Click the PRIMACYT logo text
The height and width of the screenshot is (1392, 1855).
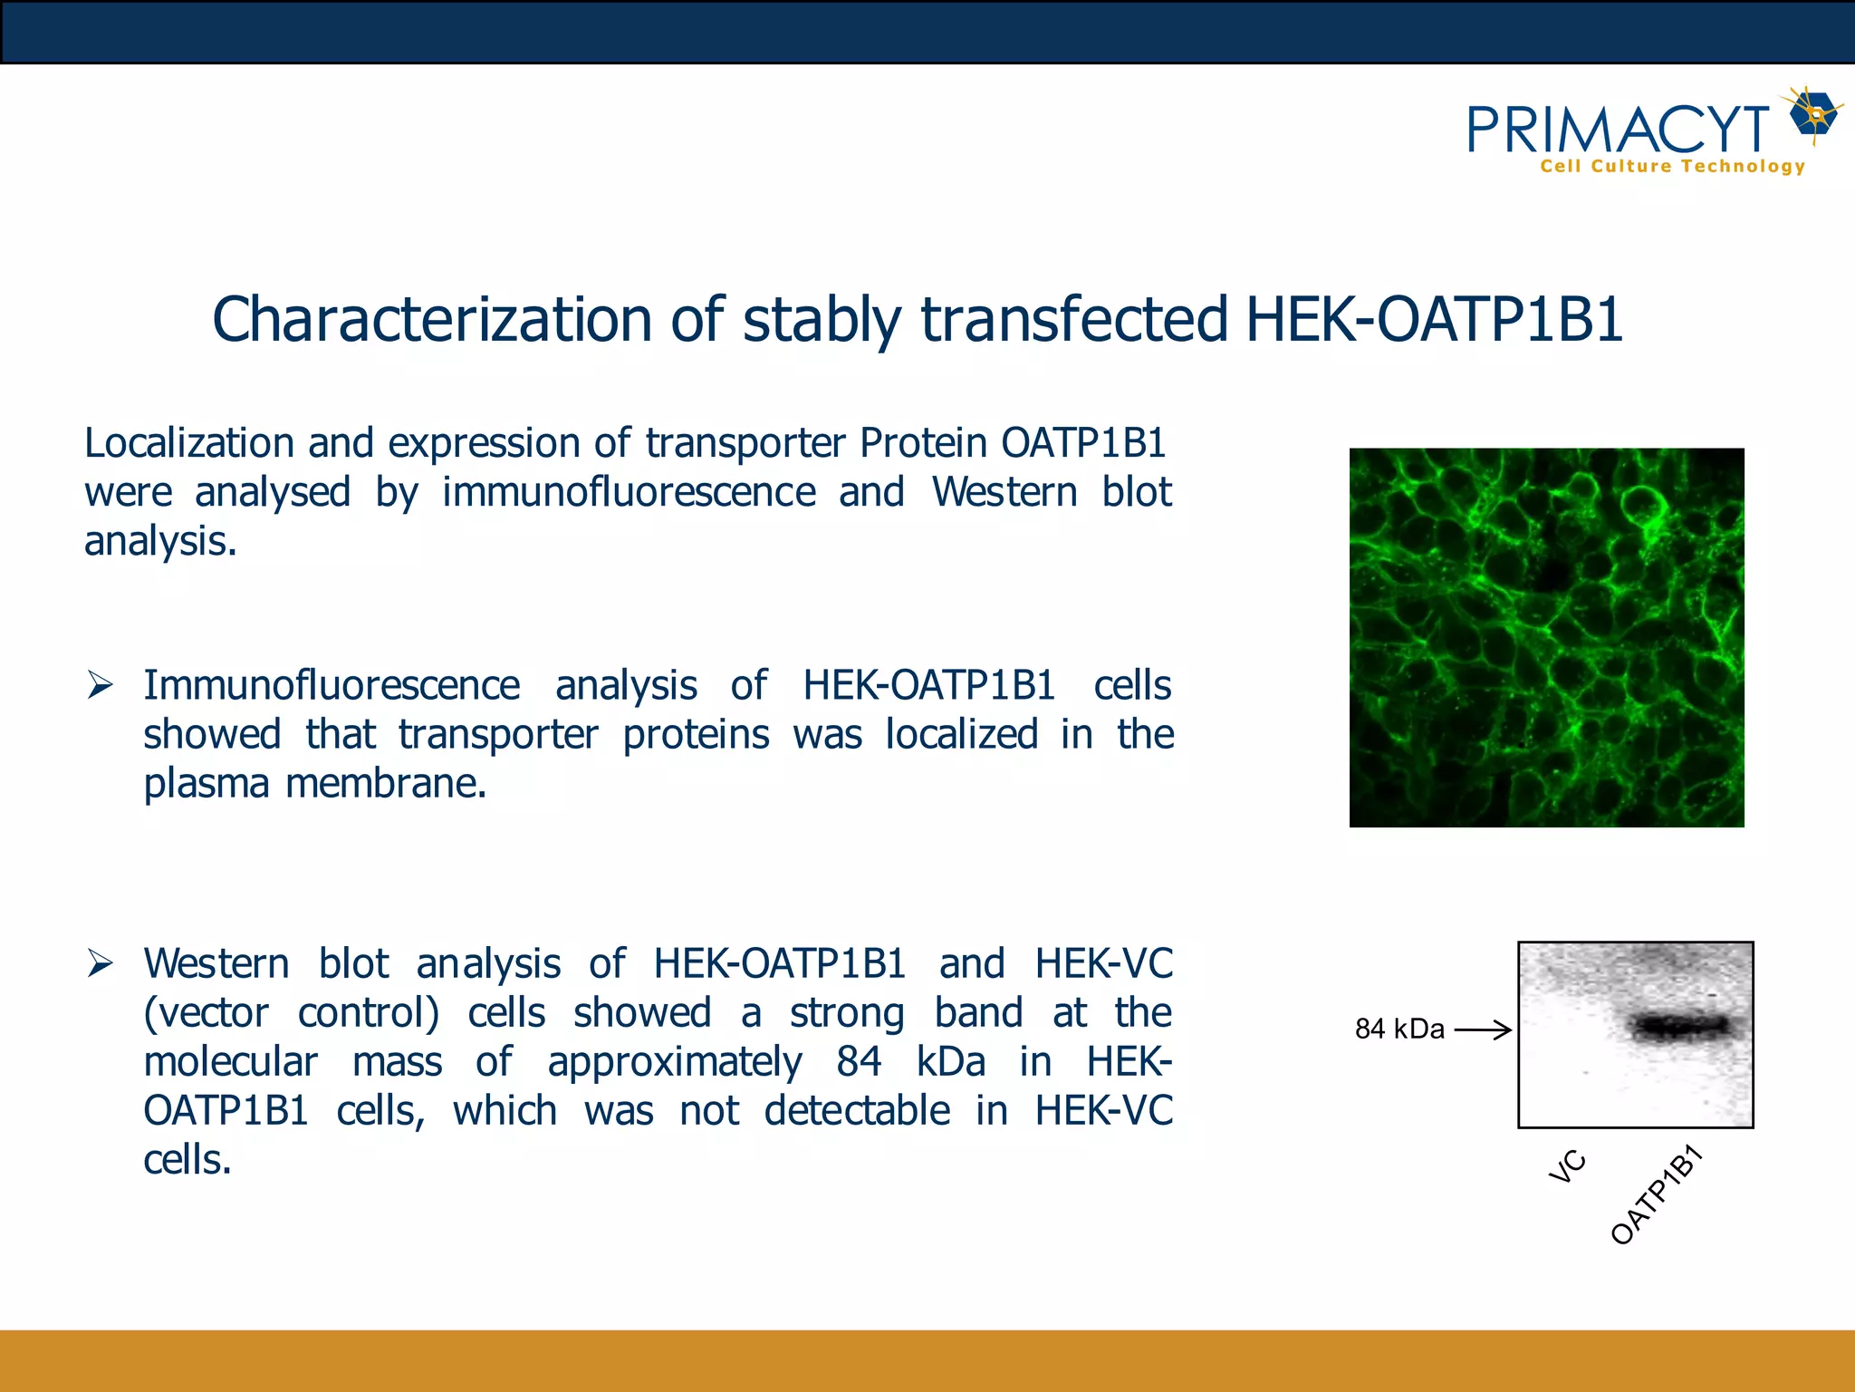point(1618,130)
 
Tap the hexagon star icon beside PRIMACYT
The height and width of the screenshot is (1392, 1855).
point(1815,115)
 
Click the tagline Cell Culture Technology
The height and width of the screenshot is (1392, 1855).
point(1672,167)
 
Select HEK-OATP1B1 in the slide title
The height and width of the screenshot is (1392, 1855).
point(1434,320)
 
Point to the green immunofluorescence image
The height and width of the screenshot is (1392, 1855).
point(1546,637)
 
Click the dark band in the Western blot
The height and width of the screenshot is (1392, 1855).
point(1681,1027)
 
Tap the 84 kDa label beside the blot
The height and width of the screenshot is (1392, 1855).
point(1399,1029)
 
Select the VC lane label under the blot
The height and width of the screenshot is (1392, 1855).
point(1568,1166)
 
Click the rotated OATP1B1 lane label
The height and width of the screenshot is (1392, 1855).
point(1657,1195)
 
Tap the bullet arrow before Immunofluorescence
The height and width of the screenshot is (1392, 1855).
point(100,686)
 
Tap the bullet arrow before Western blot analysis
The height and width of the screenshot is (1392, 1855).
point(100,963)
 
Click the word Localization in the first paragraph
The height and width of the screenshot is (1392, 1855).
point(189,443)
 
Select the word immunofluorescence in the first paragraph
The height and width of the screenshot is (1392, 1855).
point(629,493)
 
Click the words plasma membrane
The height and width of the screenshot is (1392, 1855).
point(314,784)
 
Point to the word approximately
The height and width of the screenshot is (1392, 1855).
point(674,1062)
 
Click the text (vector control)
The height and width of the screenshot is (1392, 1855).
point(292,1013)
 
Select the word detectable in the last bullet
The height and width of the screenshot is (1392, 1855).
point(857,1111)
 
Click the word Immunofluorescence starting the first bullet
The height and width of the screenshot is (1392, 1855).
point(332,686)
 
